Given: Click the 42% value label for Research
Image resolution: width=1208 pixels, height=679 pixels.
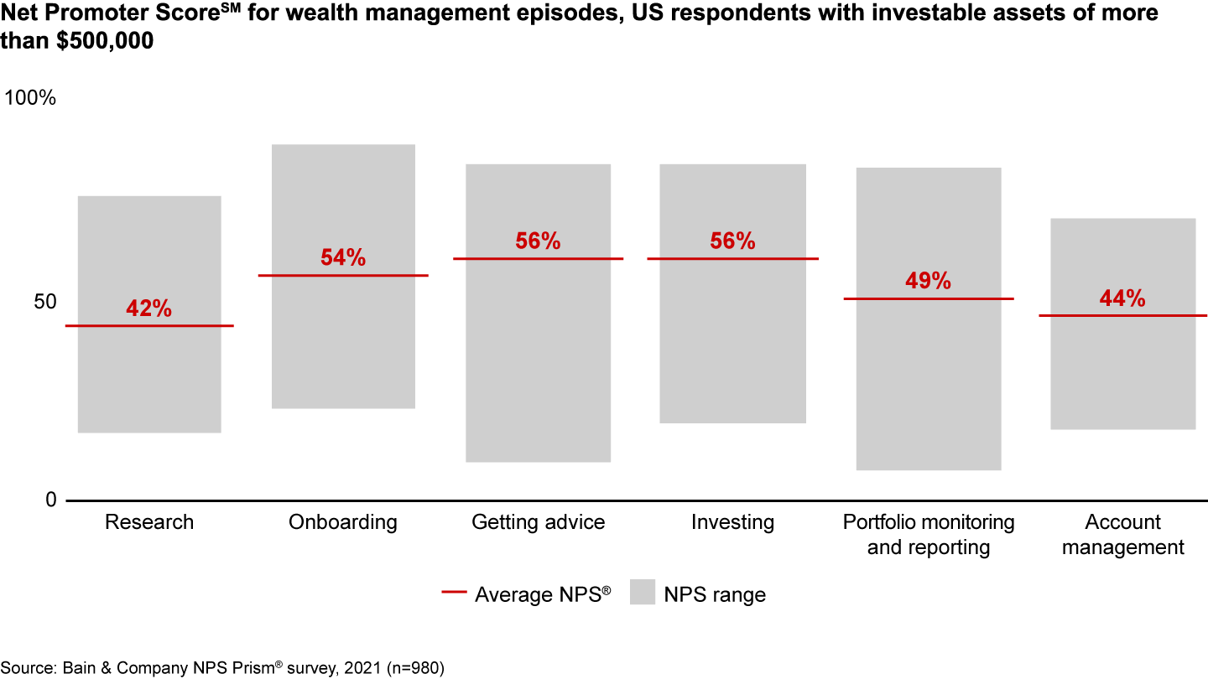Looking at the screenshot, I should [x=148, y=308].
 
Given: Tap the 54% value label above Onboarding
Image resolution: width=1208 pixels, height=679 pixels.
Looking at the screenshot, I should [x=343, y=258].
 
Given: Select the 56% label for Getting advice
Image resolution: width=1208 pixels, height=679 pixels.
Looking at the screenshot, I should [x=538, y=241].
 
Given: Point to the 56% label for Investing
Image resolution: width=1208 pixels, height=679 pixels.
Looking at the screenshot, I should [x=732, y=241].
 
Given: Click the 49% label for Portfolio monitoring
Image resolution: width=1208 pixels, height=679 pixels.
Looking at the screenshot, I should [x=928, y=281].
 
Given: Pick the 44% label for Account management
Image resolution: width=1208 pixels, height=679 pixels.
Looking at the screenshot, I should [x=1122, y=298].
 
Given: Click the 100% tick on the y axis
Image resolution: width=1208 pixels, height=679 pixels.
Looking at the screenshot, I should [x=30, y=98].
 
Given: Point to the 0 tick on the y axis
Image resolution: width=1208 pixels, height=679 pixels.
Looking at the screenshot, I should [x=49, y=500].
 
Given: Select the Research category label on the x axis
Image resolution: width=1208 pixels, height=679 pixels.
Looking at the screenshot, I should [x=149, y=522].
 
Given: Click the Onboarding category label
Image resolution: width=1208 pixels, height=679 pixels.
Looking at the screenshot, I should [x=343, y=522].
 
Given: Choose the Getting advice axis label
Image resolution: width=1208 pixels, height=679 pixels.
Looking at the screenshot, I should [x=538, y=522].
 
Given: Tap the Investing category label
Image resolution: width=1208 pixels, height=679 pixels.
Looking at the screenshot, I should [x=732, y=522].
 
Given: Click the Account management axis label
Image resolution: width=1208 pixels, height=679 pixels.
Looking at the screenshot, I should [x=1122, y=535].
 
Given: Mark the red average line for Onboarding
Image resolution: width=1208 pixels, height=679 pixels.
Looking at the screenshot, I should [x=343, y=275].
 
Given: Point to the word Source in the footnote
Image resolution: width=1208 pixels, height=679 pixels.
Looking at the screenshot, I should [x=27, y=667].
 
